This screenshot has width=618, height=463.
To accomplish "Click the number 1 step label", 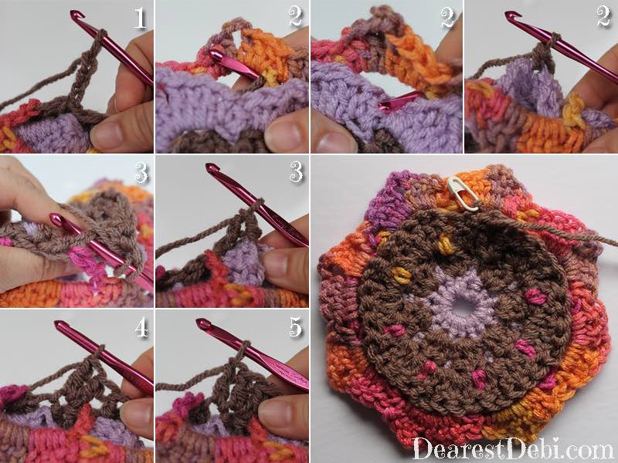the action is tap(140, 18).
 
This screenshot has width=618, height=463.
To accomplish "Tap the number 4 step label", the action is tap(141, 327).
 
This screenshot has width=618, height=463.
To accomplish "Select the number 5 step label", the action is tap(295, 326).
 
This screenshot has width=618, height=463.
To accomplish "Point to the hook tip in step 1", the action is tap(74, 15).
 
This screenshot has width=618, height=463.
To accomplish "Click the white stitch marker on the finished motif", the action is tap(462, 191).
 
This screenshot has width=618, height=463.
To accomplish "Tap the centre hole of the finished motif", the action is tap(461, 306).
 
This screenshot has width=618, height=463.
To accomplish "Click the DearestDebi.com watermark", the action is tap(512, 448).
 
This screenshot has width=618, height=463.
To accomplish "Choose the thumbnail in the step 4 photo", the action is tap(134, 411).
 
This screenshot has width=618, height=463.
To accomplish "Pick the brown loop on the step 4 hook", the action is tap(100, 350).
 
